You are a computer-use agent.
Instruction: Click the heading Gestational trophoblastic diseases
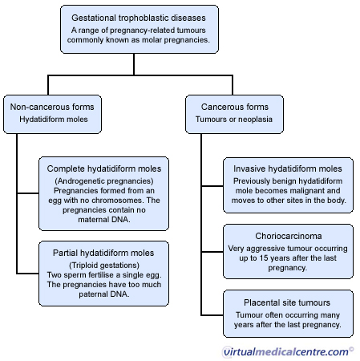point(139,18)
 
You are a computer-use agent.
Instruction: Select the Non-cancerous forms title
point(52,107)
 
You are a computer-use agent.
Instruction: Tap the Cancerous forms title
point(235,107)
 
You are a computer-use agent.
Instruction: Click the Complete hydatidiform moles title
point(104,168)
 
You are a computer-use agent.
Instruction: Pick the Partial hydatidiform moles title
point(103,253)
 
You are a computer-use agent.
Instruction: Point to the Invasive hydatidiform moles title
point(288,168)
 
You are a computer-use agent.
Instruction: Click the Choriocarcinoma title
point(289,236)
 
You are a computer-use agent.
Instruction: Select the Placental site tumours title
point(287,302)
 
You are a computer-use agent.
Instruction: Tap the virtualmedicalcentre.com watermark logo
point(288,351)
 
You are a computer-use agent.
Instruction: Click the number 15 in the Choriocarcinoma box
point(263,258)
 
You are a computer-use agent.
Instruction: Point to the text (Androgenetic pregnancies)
point(104,181)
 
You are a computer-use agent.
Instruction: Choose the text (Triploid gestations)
point(104,266)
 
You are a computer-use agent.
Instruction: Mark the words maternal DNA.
point(104,220)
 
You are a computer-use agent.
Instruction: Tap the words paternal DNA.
point(104,294)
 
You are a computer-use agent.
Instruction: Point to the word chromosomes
point(118,201)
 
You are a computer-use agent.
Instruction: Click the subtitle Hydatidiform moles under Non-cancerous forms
point(54,120)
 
